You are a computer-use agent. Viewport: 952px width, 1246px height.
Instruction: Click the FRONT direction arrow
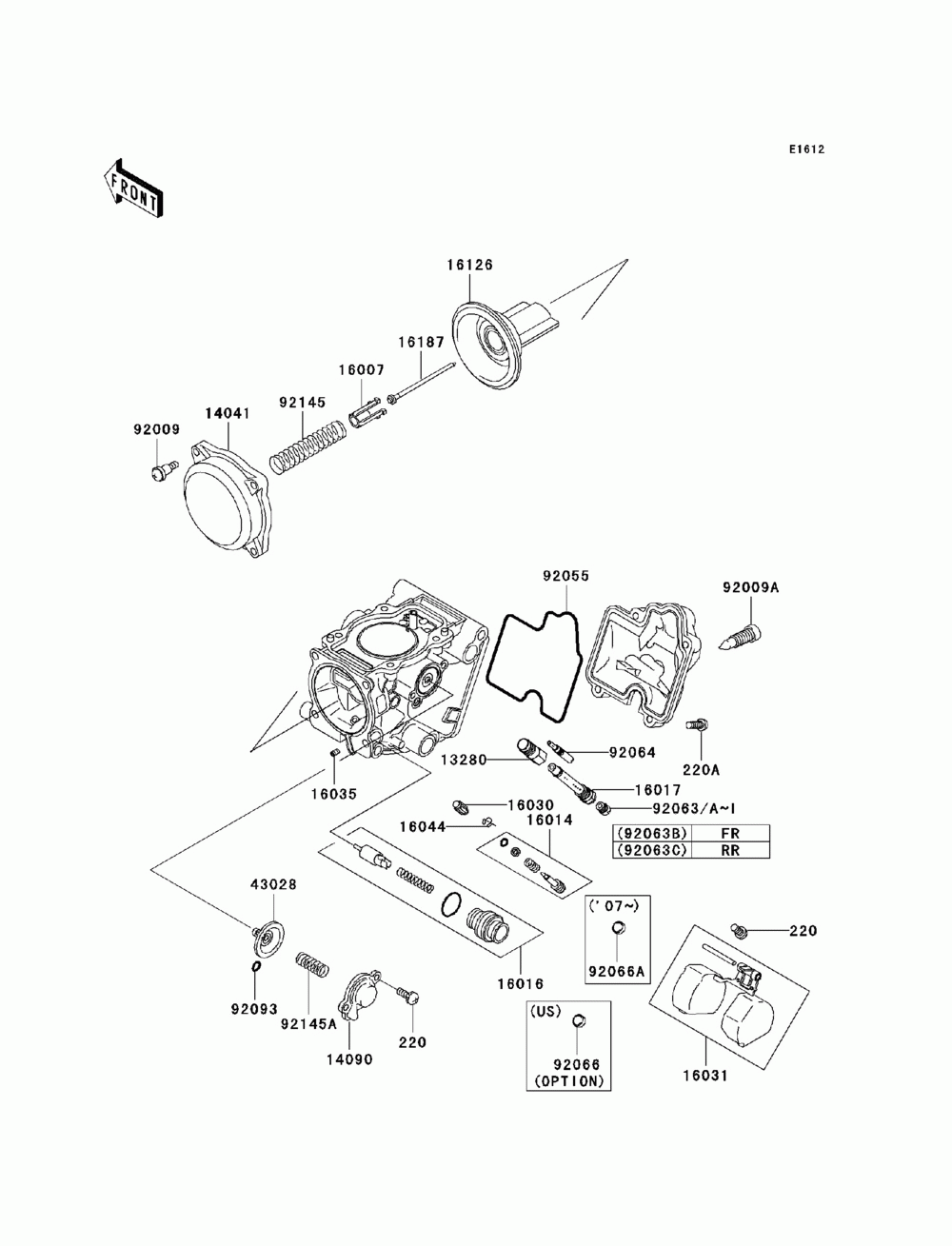click(133, 188)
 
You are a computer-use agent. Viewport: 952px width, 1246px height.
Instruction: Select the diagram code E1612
click(806, 149)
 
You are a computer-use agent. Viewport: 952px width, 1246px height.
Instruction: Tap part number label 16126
click(469, 265)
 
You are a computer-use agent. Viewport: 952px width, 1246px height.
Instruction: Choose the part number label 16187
click(421, 343)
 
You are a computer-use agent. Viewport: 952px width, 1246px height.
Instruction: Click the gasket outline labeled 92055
click(534, 665)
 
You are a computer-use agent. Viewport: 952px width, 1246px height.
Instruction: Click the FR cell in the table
click(730, 833)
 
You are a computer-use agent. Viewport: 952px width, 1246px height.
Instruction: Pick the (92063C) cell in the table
click(652, 850)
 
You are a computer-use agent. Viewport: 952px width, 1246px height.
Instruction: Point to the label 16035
click(334, 795)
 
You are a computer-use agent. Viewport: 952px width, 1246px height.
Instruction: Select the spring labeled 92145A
click(312, 964)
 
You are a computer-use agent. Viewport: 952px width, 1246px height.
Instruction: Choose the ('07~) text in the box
click(614, 906)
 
